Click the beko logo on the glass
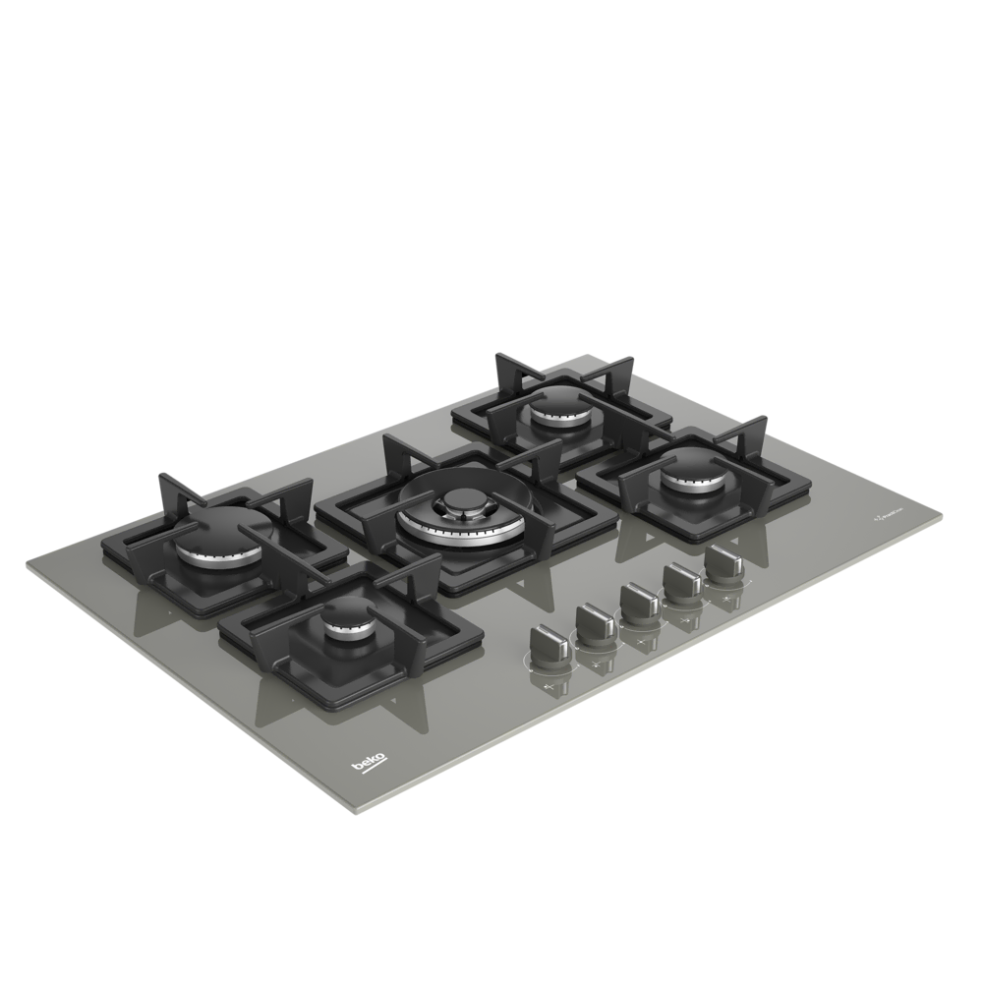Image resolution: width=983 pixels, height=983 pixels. (x=370, y=761)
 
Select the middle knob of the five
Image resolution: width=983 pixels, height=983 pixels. (x=637, y=600)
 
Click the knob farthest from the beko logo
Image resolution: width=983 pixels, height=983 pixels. (x=724, y=562)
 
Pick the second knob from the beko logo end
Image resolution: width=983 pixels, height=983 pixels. (x=594, y=621)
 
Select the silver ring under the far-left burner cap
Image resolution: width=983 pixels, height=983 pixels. (x=221, y=556)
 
